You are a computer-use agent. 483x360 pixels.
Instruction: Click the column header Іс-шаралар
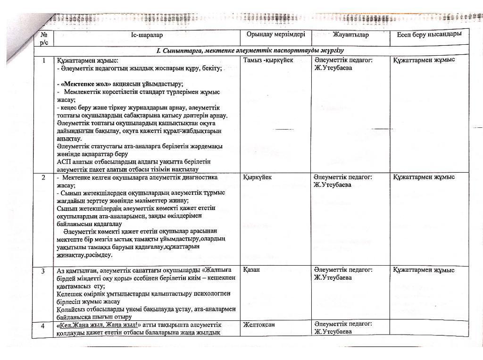click(146, 35)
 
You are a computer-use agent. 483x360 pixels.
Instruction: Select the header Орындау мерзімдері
click(275, 34)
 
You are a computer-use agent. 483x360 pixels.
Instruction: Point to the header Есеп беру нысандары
click(428, 34)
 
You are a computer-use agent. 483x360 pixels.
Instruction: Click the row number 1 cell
click(44, 60)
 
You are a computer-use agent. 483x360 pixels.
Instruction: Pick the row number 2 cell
click(43, 177)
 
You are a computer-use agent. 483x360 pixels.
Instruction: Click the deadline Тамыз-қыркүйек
click(268, 60)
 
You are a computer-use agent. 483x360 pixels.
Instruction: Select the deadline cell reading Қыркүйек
click(257, 177)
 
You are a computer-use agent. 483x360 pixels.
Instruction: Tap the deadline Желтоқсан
click(259, 325)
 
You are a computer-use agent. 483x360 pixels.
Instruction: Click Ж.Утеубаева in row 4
click(333, 331)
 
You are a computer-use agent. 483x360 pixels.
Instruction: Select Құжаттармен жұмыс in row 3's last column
click(424, 270)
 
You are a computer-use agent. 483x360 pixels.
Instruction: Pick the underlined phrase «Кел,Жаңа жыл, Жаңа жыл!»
click(98, 325)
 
